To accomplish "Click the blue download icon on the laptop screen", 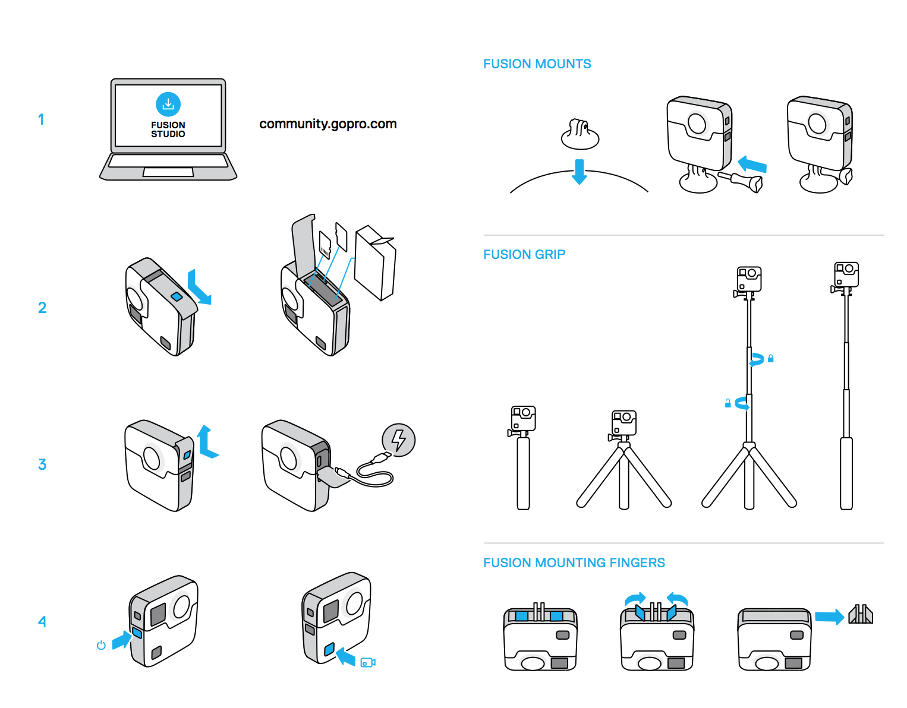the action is click(168, 104).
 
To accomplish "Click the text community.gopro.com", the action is click(327, 124).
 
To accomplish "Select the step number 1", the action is click(41, 119).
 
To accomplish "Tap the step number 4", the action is click(42, 621).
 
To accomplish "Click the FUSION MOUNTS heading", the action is click(537, 64).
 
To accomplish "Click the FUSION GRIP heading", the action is click(524, 254).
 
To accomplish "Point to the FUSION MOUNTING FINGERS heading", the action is click(574, 562).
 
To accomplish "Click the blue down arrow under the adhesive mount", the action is click(580, 172).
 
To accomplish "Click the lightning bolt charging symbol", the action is click(399, 440).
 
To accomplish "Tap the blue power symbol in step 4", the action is click(101, 645).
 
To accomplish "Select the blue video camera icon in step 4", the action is click(368, 662).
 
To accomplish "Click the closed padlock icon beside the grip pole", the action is click(770, 358).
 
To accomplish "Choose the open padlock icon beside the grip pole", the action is click(728, 403).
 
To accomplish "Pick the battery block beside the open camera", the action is click(375, 263).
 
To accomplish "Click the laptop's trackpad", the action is click(168, 172).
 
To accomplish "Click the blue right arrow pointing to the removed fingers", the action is click(830, 617).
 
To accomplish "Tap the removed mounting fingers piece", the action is click(861, 614).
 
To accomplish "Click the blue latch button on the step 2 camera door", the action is click(177, 296).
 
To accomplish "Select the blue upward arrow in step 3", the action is click(207, 442).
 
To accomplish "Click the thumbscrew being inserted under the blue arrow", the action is click(741, 181).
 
